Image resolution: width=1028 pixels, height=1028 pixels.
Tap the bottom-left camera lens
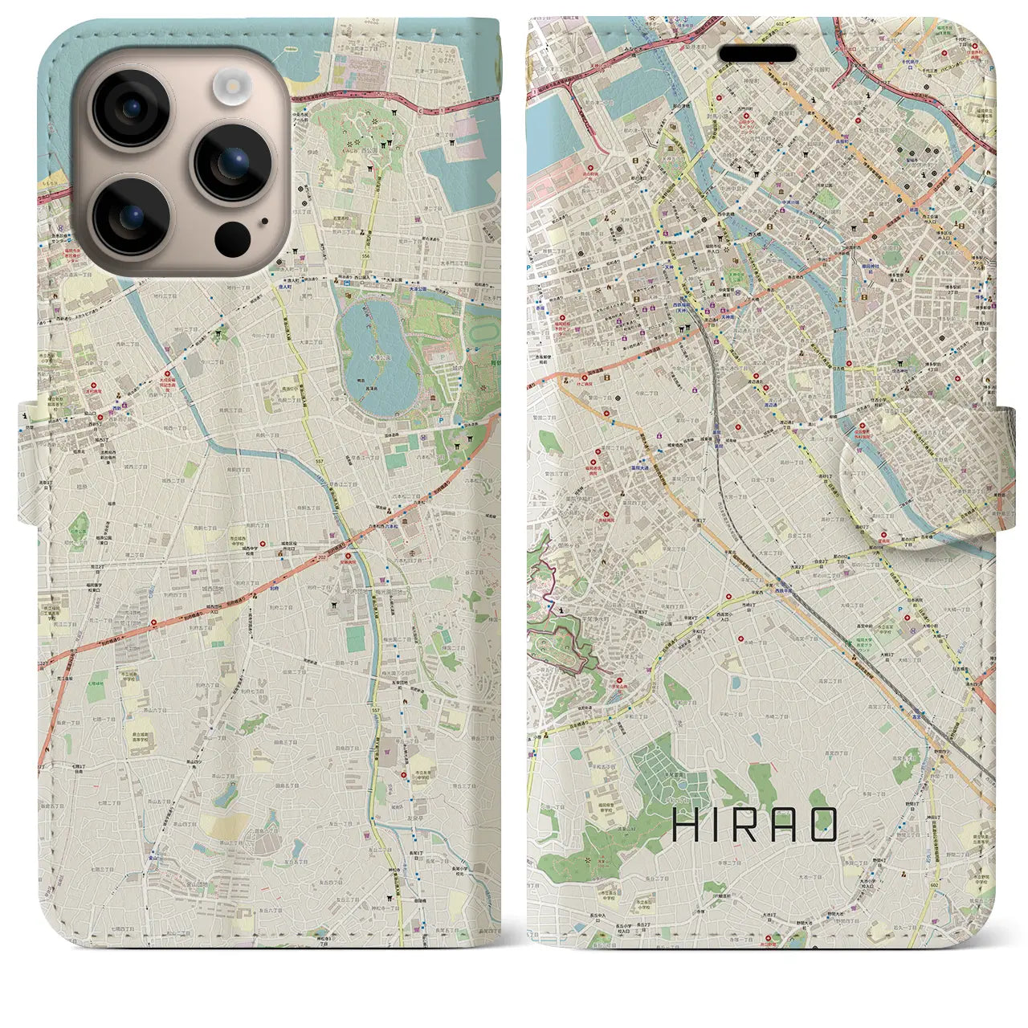(130, 215)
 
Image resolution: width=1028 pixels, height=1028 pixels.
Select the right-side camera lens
(232, 161)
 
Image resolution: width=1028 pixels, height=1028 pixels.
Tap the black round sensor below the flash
(232, 238)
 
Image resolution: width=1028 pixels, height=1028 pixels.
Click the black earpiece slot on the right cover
(757, 54)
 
